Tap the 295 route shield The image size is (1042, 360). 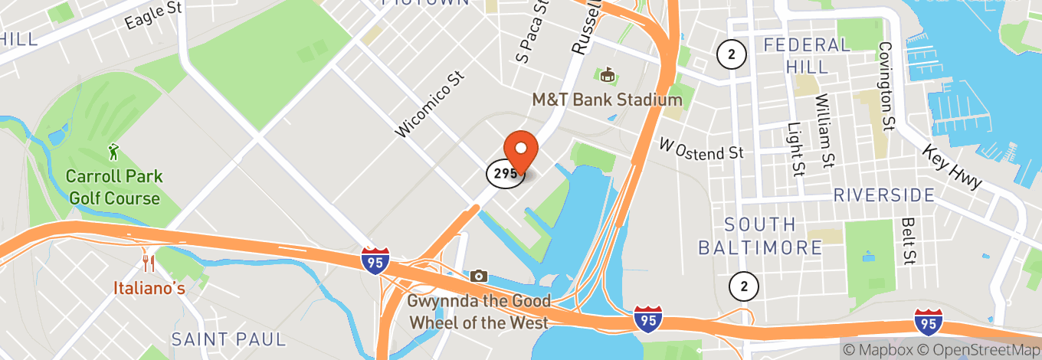click(x=505, y=173)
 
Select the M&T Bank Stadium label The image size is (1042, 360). click(x=607, y=100)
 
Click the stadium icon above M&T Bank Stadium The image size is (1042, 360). click(x=608, y=75)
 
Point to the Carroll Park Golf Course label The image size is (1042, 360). click(x=114, y=188)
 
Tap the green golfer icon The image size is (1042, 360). click(x=114, y=152)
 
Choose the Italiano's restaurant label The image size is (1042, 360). click(x=149, y=289)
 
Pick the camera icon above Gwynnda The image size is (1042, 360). click(x=479, y=276)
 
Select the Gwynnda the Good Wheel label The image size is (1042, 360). click(x=479, y=312)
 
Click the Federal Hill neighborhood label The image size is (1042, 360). click(x=807, y=56)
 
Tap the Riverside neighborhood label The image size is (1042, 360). click(x=884, y=195)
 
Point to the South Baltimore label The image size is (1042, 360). click(x=760, y=236)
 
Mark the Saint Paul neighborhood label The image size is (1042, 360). click(x=228, y=339)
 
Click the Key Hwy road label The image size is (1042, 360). click(x=952, y=167)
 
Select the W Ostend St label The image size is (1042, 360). click(x=702, y=149)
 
